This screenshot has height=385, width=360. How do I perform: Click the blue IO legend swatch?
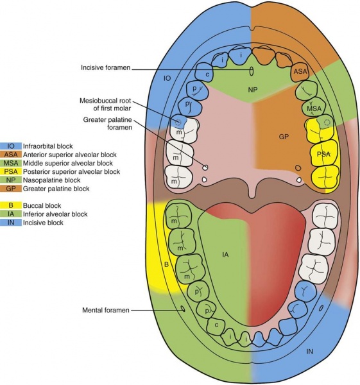tap(11, 146)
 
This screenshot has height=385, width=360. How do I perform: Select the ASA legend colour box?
tap(11, 155)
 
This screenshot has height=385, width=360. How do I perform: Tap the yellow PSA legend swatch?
tap(11, 171)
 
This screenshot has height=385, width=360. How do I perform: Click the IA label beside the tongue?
tap(225, 255)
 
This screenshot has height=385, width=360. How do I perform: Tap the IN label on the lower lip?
tap(309, 351)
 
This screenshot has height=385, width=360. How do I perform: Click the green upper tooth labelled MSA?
tap(313, 109)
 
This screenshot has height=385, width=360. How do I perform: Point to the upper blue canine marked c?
tap(208, 75)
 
